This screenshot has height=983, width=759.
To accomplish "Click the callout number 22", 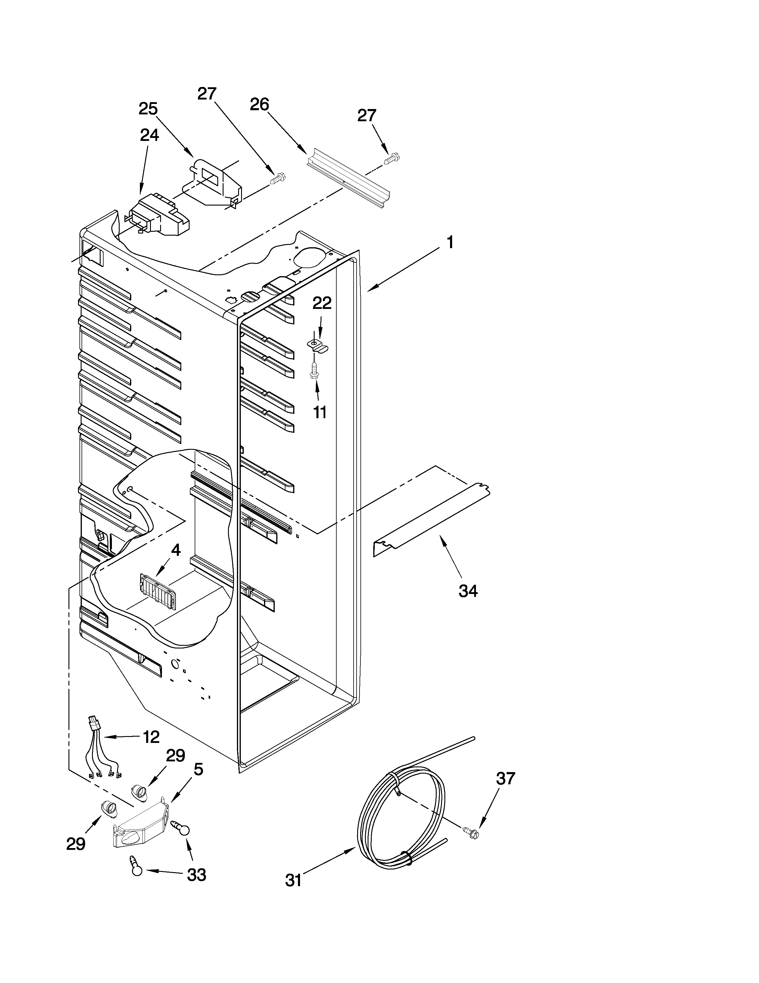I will tap(322, 303).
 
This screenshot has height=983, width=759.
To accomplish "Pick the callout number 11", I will tap(320, 412).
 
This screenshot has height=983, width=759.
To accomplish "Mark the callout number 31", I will tap(293, 880).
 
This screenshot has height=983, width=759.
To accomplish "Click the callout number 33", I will tap(196, 875).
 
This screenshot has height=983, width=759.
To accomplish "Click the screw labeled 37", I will tap(471, 833).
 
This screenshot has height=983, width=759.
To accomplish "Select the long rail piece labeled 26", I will tap(349, 179).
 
